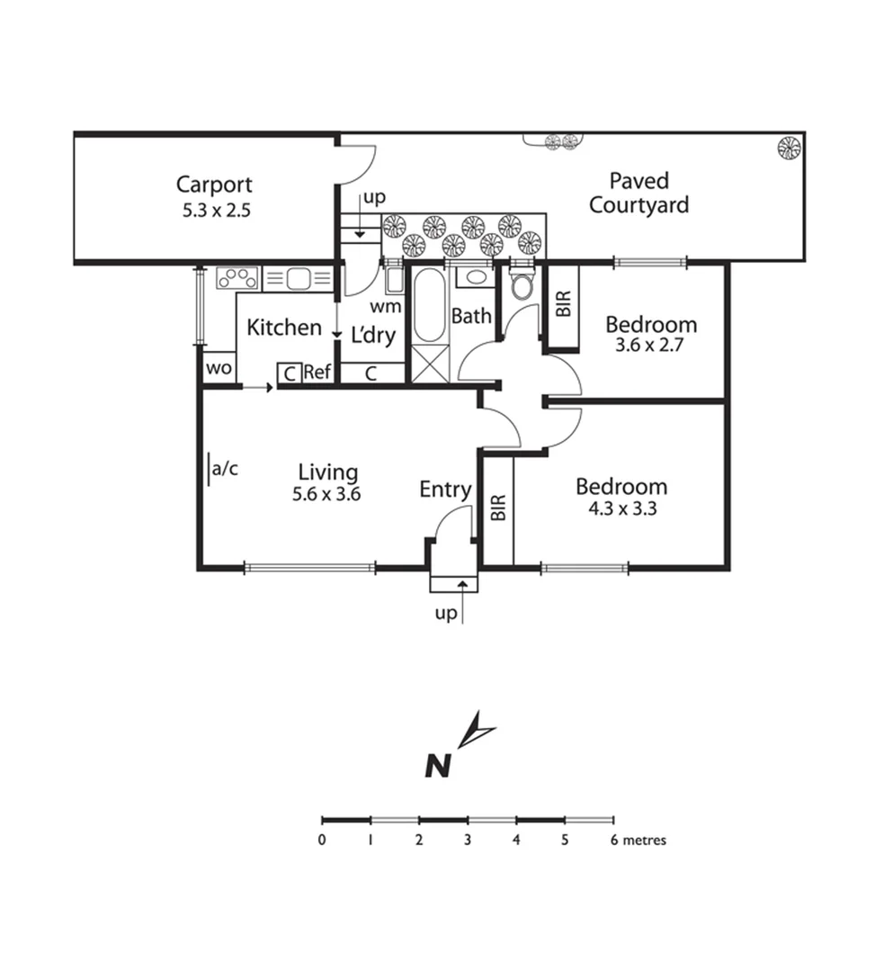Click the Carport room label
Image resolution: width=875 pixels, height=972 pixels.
(214, 185)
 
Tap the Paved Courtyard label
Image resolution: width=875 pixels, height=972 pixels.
(638, 193)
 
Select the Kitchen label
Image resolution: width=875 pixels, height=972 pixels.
(284, 328)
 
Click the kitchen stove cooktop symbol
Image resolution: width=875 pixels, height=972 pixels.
(237, 278)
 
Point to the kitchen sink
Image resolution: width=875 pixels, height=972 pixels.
(298, 279)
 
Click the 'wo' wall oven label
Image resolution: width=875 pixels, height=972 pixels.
(219, 369)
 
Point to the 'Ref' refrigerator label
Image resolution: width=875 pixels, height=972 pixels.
(317, 373)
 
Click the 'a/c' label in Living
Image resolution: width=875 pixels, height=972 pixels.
(225, 469)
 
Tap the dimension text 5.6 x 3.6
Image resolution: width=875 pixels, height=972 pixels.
(326, 493)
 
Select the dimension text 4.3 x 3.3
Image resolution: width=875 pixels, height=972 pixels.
(621, 508)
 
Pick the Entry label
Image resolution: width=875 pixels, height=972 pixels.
(445, 490)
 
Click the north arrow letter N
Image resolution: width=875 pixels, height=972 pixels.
(437, 766)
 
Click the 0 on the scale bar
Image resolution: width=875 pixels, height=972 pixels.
(322, 841)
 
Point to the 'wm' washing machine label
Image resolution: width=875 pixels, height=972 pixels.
(389, 306)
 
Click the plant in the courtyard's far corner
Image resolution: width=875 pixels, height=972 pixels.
(788, 148)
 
